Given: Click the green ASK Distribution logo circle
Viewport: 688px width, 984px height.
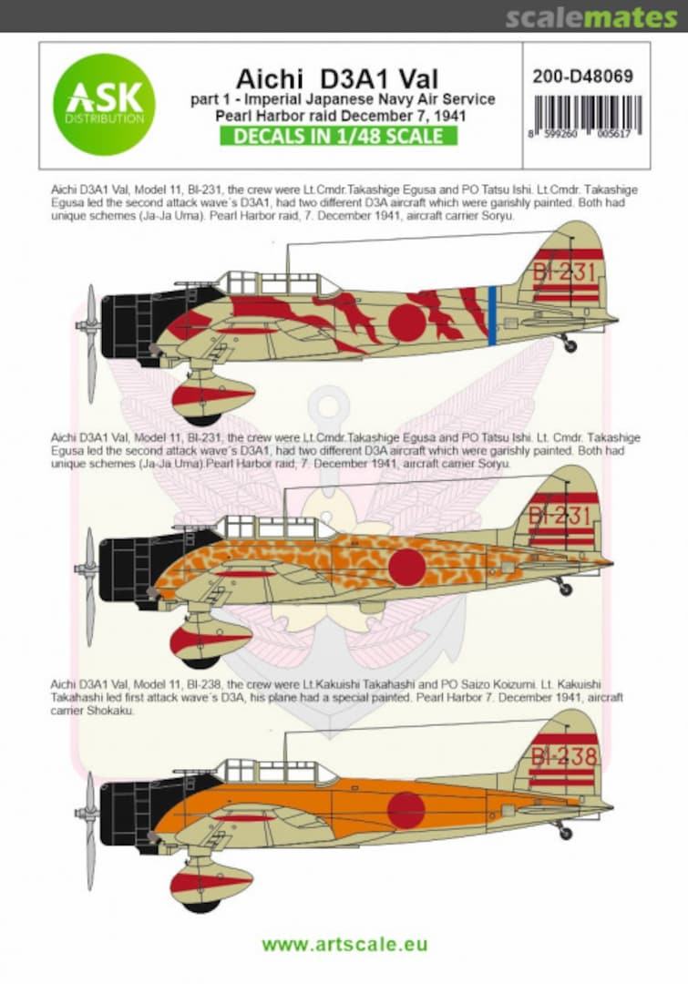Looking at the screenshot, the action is (x=104, y=105).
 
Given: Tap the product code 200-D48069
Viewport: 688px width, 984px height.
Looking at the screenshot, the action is (x=582, y=77).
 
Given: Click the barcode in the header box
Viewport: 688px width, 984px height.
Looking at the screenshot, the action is (x=586, y=116).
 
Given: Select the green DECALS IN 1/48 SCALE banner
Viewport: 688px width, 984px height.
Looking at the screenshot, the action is (x=338, y=136).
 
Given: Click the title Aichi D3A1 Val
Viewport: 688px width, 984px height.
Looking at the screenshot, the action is (x=337, y=79).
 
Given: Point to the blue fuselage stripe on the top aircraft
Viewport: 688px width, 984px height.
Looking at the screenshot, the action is (x=492, y=315).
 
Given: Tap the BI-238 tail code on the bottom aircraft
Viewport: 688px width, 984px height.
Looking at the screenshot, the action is (x=564, y=756).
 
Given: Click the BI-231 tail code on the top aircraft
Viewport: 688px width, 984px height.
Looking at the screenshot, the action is (x=564, y=272).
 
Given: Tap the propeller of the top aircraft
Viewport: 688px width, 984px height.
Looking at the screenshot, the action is (x=90, y=343).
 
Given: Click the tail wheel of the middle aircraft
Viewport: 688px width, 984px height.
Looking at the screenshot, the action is (x=565, y=589).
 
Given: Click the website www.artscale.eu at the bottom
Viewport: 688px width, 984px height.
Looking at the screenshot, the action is (x=344, y=945).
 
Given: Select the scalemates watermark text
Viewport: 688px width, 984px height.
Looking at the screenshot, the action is (x=591, y=17).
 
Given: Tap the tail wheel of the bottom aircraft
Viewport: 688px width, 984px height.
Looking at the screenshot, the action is (x=564, y=833).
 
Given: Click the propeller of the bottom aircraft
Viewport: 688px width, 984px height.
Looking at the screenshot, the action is (x=90, y=830).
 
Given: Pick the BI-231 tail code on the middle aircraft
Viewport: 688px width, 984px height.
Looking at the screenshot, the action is (x=560, y=516).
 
